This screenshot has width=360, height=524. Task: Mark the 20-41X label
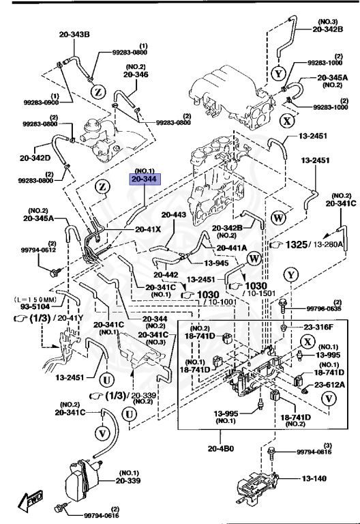click(x=148, y=229)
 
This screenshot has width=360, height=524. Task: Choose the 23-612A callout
click(x=328, y=385)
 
